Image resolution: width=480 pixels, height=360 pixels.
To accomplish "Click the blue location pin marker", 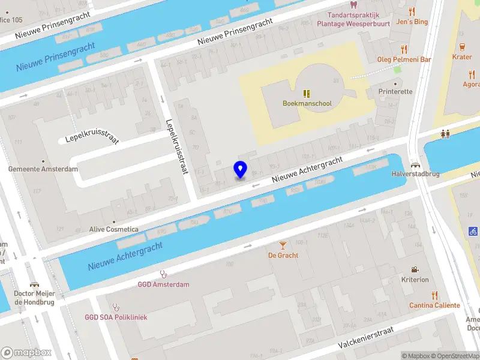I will [x=240, y=169].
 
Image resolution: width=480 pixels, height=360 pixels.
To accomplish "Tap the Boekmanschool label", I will [x=307, y=103].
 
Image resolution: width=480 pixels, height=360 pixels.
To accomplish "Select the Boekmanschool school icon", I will [x=307, y=94].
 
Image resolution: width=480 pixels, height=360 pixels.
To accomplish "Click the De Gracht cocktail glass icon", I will [x=283, y=245].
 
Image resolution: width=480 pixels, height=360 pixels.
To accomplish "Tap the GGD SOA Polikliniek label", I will [x=116, y=317].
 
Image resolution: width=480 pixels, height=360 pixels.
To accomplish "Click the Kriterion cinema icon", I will [x=415, y=270].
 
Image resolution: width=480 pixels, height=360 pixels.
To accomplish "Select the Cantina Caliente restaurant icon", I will [x=434, y=295].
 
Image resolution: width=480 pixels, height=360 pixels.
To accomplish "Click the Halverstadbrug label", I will [x=415, y=174].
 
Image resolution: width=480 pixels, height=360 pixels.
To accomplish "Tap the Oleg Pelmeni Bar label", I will [x=404, y=59].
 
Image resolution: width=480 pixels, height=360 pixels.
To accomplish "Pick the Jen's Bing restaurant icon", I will [x=411, y=11].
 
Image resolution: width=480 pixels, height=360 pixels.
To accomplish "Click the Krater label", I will [x=461, y=56].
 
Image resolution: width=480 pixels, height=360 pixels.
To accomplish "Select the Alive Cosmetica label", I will [x=113, y=229].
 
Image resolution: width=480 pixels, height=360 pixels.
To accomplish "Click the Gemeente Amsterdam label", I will [x=43, y=169].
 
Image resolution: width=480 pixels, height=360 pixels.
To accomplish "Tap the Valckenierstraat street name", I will [x=365, y=338].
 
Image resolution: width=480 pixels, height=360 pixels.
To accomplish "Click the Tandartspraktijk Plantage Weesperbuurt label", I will [x=358, y=19].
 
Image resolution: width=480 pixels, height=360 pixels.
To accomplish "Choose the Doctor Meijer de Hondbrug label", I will [x=34, y=298].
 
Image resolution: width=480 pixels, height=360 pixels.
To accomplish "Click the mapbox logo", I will [x=25, y=353].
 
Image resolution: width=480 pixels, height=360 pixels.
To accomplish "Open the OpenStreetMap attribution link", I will [x=455, y=356].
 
